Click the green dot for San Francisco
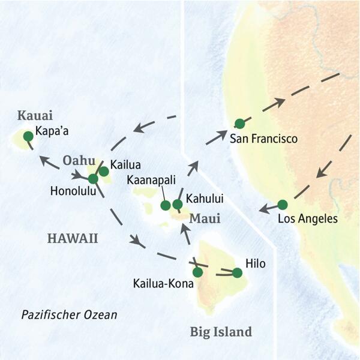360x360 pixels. tap(239, 124)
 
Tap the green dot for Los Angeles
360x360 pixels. tap(283, 205)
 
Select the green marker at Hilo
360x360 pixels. tap(237, 273)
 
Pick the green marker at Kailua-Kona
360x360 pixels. tap(197, 272)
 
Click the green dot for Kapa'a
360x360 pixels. tap(28, 137)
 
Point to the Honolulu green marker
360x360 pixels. tap(93, 178)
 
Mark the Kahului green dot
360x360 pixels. tap(178, 205)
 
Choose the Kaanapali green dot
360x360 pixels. tap(166, 205)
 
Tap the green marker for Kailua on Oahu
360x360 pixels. tap(104, 172)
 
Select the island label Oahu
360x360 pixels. tap(78, 161)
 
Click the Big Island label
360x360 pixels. tap(220, 331)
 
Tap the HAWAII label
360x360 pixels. tap(72, 239)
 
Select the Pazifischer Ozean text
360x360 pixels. tap(69, 314)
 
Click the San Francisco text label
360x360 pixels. tap(263, 139)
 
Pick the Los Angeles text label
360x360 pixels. tap(308, 218)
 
